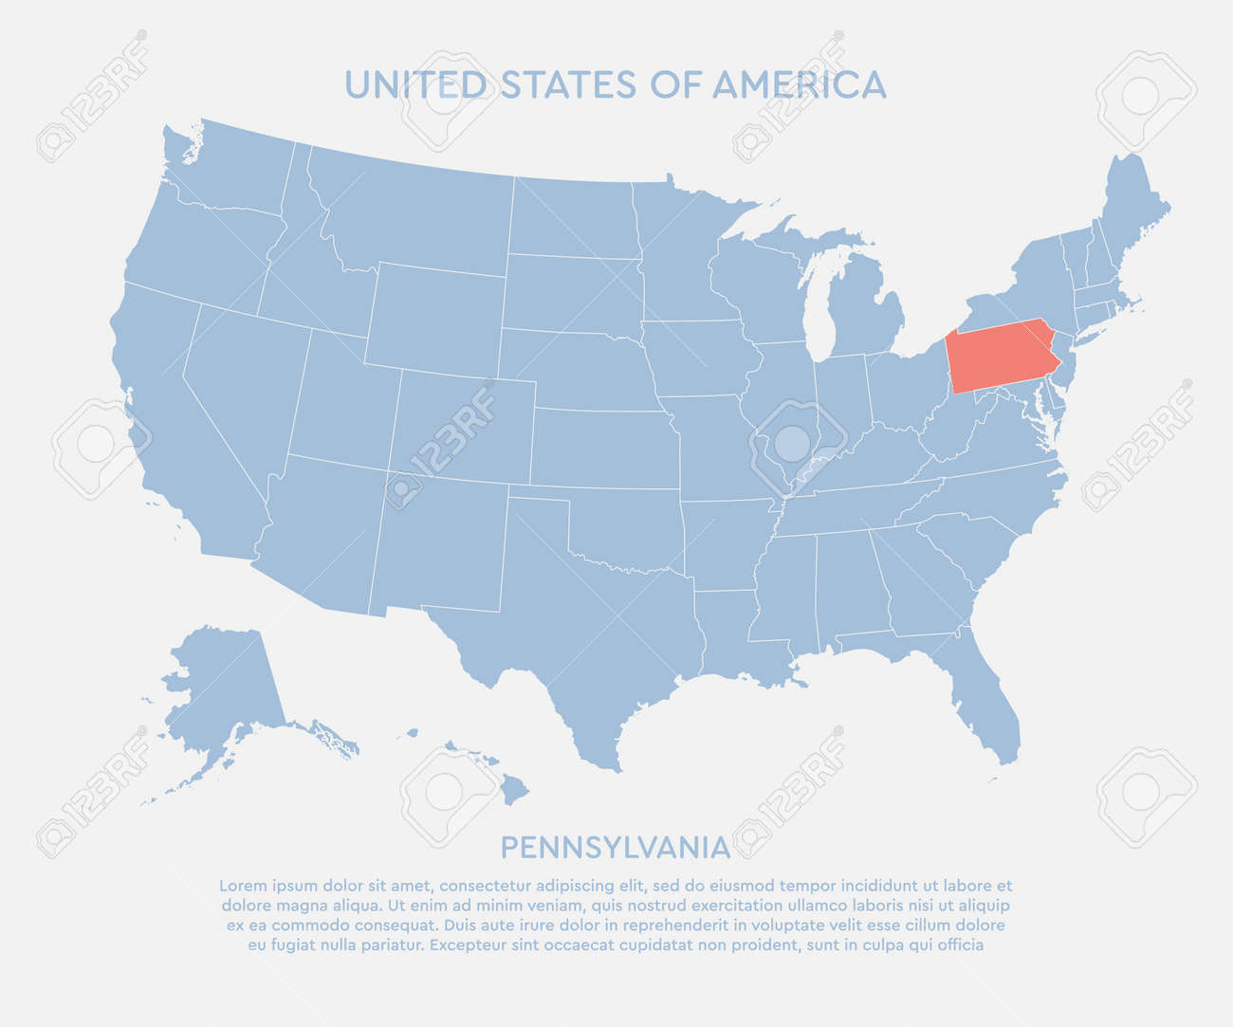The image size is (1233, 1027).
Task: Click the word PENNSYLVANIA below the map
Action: [615, 846]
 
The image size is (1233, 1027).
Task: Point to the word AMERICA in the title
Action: [800, 85]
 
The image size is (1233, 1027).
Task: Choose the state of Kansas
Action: [602, 449]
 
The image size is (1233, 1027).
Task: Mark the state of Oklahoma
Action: [626, 531]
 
